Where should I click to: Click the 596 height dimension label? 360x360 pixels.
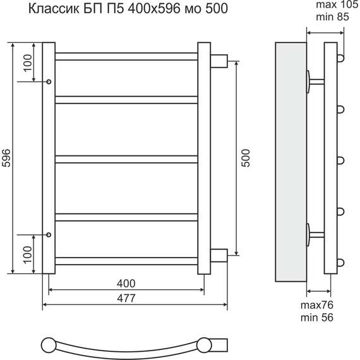tap(6, 158)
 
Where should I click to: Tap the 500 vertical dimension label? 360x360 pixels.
tap(246, 158)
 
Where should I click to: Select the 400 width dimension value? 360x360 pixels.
tap(126, 284)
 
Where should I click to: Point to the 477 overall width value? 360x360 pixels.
tap(126, 298)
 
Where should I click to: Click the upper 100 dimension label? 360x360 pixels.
tap(28, 63)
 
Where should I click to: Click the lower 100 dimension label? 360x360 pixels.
tap(28, 255)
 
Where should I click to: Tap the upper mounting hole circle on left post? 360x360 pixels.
tap(49, 81)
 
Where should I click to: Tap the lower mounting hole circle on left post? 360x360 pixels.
tap(49, 235)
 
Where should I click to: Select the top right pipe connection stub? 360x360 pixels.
tap(219, 61)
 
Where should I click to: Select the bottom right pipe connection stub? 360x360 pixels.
tap(219, 256)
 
